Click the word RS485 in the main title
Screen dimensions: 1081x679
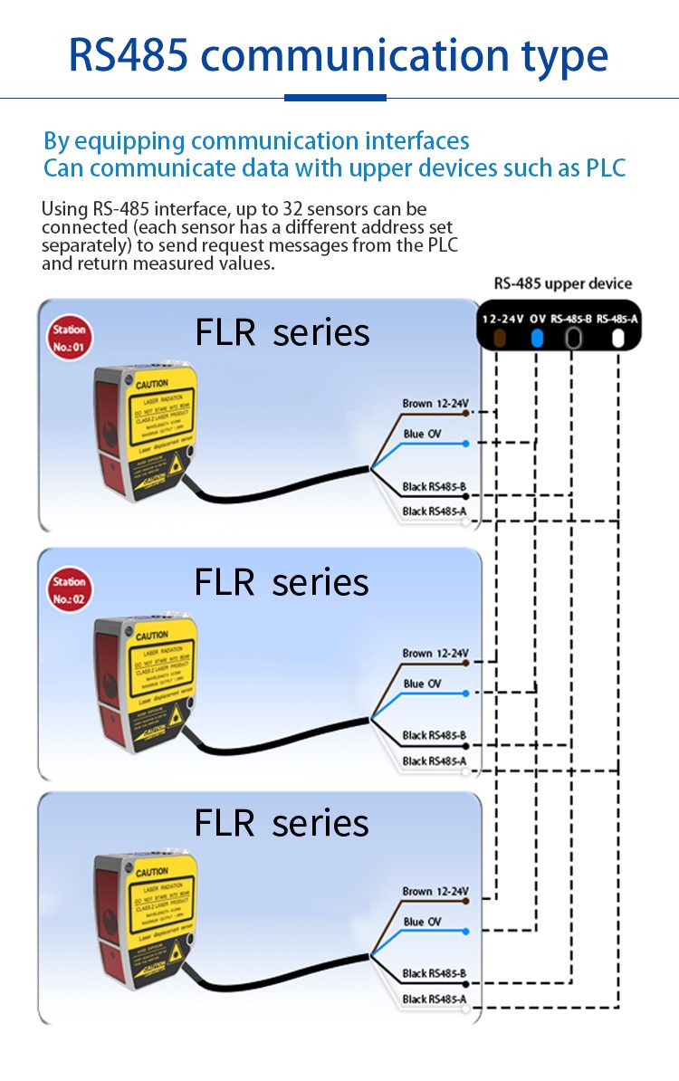coord(129,55)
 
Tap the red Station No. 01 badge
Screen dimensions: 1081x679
coord(70,338)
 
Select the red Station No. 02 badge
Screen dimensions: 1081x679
coord(70,589)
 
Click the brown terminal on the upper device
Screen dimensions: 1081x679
coord(497,339)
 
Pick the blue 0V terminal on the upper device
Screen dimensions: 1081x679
coord(537,339)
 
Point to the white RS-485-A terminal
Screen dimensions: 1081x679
coord(618,339)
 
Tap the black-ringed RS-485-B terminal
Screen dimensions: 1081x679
coord(574,339)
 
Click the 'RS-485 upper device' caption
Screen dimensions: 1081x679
coord(562,283)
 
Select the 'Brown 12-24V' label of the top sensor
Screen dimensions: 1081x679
coord(435,403)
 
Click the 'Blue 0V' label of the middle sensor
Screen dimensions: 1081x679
coord(423,684)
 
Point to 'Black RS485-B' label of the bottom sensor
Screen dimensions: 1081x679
coord(435,973)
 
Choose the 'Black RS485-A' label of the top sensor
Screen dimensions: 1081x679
coord(435,512)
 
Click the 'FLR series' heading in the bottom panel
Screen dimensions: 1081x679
coord(282,823)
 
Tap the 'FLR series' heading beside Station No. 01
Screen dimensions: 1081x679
coord(282,333)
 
